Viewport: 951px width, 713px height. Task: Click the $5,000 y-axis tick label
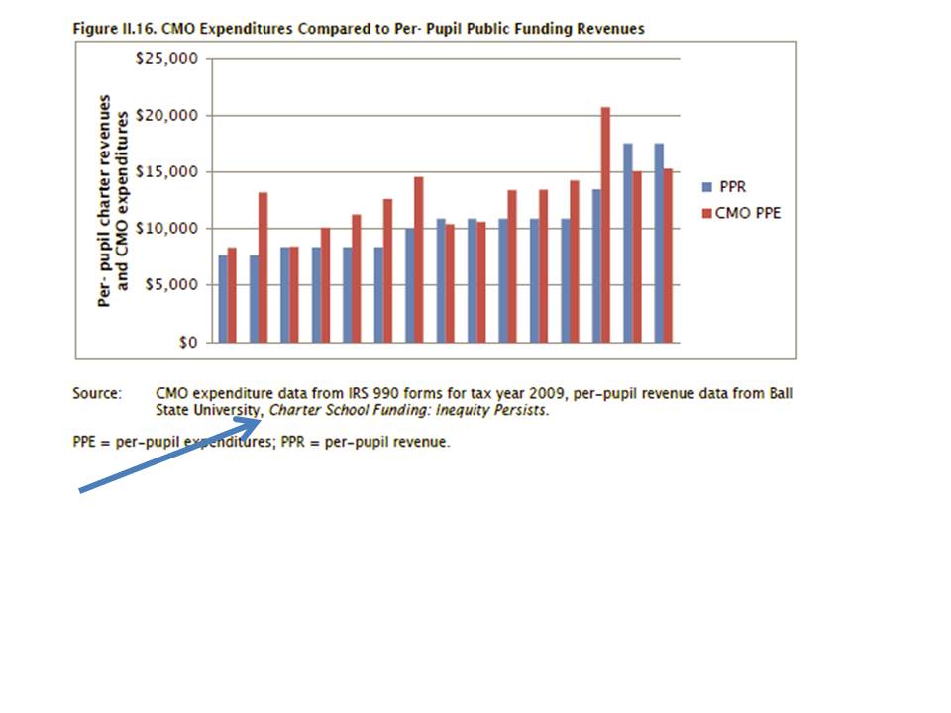(x=174, y=285)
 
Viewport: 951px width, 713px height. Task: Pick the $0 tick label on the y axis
(x=186, y=343)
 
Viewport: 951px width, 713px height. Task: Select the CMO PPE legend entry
(x=748, y=212)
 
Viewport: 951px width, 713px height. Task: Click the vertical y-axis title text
(x=115, y=200)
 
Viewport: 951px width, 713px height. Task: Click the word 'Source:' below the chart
(x=96, y=393)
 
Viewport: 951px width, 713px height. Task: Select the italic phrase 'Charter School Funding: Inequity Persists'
(x=407, y=410)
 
